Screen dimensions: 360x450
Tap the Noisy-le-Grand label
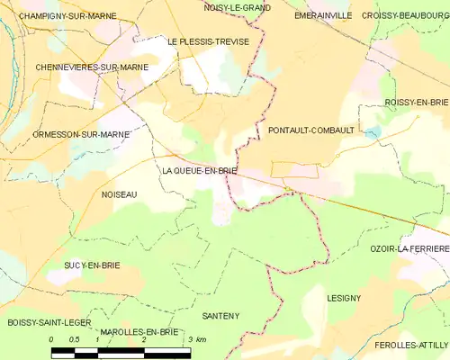click(238, 7)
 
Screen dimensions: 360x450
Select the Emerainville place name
click(321, 16)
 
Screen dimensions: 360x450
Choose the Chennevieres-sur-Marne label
click(79, 67)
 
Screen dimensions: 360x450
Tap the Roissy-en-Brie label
click(415, 103)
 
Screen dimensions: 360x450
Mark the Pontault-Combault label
click(311, 130)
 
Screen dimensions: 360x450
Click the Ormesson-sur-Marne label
click(68, 134)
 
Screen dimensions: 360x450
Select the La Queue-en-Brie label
click(200, 169)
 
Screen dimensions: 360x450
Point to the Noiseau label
click(119, 193)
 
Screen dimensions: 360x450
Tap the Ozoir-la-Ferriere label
click(409, 247)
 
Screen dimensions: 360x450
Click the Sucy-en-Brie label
click(92, 265)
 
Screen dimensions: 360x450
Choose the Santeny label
click(220, 316)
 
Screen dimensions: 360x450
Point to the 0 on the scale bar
click(52, 339)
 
